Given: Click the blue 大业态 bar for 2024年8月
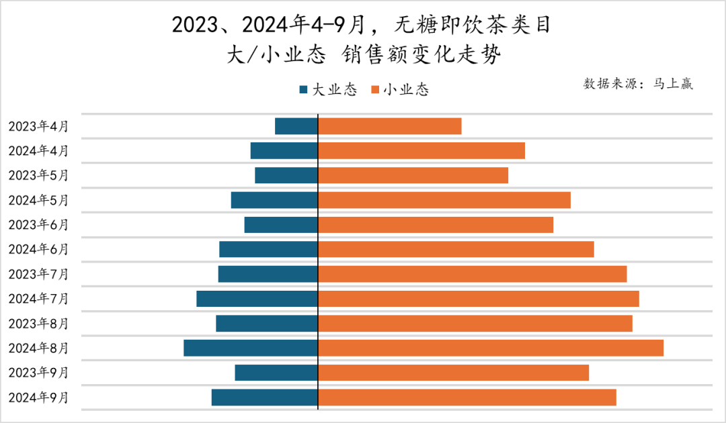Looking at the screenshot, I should [251, 348].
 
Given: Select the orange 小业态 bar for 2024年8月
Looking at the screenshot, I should [491, 348].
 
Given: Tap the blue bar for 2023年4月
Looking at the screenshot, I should [296, 126].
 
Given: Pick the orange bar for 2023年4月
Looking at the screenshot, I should [390, 126].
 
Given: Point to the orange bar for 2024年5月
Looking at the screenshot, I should [444, 200].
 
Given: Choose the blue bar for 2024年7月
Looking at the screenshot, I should [257, 299].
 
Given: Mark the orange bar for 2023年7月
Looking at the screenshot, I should [473, 274].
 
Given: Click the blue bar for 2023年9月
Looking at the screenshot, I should [276, 373].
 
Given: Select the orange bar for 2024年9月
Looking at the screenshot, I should [467, 397].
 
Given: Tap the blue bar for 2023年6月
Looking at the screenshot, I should [281, 225].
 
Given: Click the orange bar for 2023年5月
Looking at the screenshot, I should [413, 175].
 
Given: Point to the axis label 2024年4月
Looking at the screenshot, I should [38, 151].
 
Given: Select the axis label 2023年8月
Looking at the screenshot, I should [38, 324].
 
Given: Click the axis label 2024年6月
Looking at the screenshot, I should [38, 250].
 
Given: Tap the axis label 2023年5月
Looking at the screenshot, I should [38, 175].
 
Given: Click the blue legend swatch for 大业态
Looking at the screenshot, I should [304, 90].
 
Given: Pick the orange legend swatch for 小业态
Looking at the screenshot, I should [374, 90].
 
